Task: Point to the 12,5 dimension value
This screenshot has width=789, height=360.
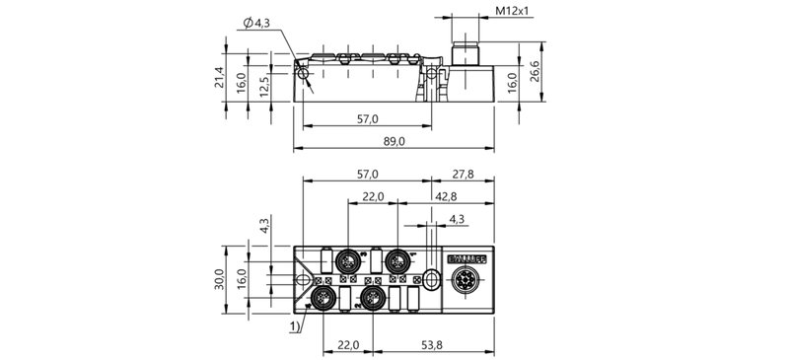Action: (264, 87)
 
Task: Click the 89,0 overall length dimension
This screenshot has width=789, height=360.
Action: (394, 142)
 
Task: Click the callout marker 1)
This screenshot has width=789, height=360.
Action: (296, 324)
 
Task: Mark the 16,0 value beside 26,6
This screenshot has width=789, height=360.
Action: (512, 80)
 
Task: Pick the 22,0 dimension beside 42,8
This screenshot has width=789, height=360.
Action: (372, 196)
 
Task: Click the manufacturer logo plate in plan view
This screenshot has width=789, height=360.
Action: (466, 258)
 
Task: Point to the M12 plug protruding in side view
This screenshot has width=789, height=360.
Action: (462, 56)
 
